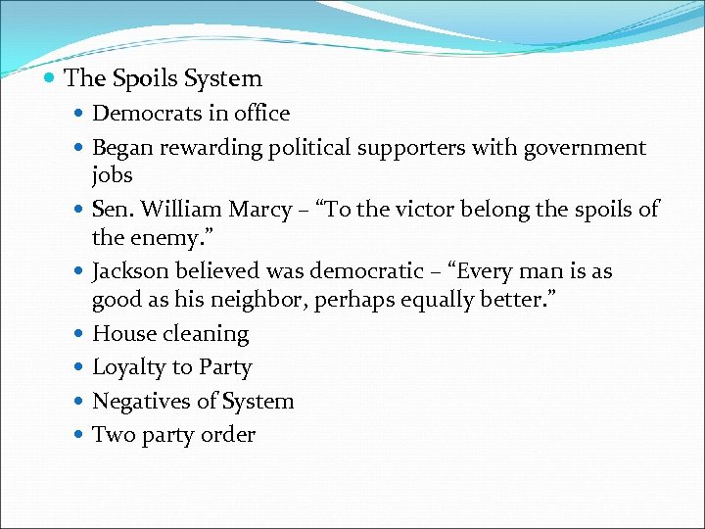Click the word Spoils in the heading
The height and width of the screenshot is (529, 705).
point(139,78)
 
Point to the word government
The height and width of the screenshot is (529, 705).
point(585,148)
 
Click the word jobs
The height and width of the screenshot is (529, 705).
point(112,175)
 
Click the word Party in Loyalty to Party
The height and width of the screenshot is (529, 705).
point(225,367)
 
